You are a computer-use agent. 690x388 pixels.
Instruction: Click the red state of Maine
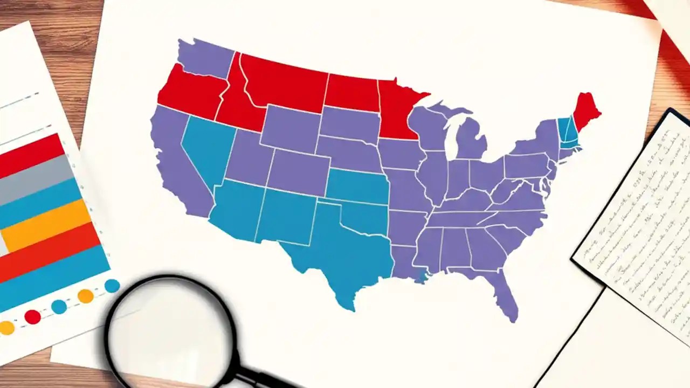[x=585, y=110]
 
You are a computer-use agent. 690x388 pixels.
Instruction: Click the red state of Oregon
[x=189, y=92]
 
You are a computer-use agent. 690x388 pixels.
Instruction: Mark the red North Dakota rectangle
[x=351, y=93]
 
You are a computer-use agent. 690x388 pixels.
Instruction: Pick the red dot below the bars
[x=32, y=316]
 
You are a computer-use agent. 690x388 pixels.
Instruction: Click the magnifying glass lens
[x=170, y=329]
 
